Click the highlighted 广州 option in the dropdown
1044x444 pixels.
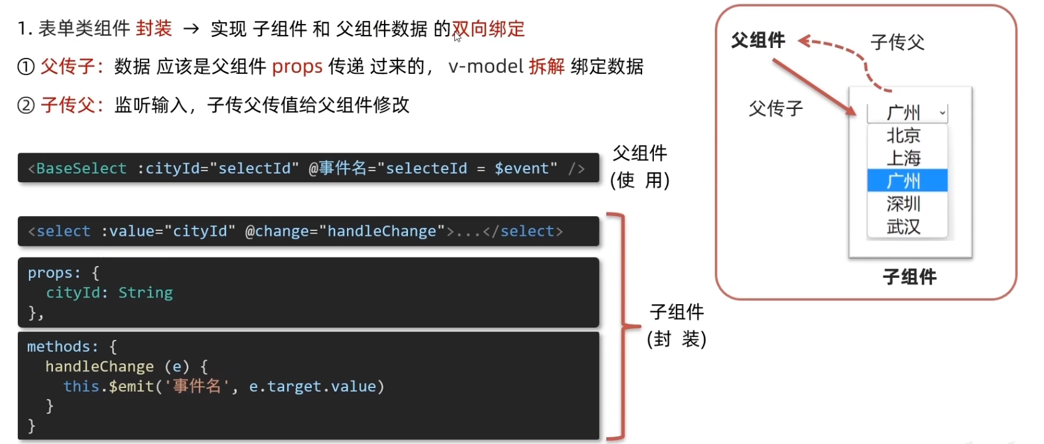[907, 181]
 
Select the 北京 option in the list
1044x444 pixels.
[903, 135]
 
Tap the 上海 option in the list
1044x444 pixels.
[903, 158]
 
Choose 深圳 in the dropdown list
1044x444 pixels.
[903, 204]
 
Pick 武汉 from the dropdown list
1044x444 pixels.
[903, 227]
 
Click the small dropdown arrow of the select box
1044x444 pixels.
[942, 113]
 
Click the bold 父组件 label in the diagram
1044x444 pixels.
[758, 41]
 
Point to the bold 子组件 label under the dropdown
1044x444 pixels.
[910, 276]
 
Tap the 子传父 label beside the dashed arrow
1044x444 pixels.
[897, 42]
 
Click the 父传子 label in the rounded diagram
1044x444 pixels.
[776, 109]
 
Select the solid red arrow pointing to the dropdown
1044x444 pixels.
[813, 86]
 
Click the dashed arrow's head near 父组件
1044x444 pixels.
[804, 42]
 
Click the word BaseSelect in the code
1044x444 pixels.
[81, 169]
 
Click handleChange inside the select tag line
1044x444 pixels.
[381, 232]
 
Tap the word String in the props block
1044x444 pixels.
[145, 293]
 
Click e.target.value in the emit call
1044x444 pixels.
[312, 387]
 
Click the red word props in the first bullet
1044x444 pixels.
[297, 67]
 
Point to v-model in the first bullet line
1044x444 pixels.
[486, 66]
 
